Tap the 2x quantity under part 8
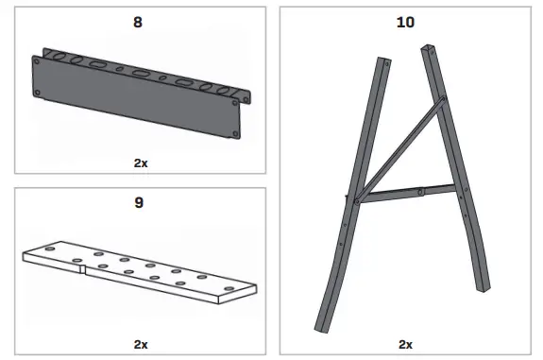click(141, 162)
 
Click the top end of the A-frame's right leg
click(430, 47)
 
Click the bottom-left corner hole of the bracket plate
click(39, 93)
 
